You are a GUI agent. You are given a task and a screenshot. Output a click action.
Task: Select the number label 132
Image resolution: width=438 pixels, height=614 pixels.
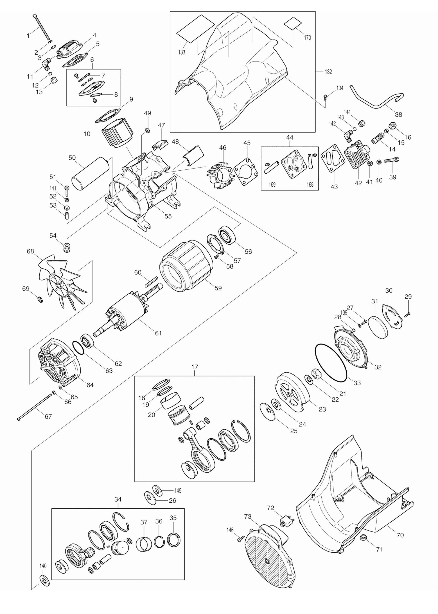(328, 72)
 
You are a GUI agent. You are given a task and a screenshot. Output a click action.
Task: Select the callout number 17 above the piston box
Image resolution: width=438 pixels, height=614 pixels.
(194, 367)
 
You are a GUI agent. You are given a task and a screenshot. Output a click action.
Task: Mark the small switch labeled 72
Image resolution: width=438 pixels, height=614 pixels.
(286, 520)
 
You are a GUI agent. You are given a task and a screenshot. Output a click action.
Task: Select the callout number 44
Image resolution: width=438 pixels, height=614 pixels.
(289, 137)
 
